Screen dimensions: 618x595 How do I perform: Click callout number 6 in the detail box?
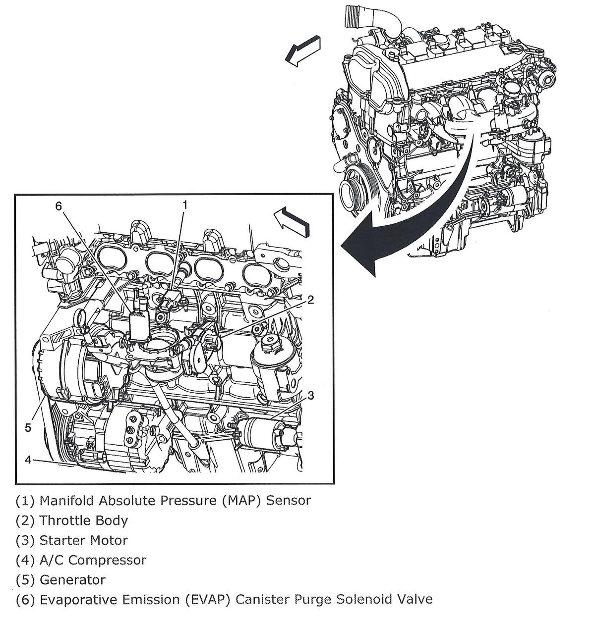(x=59, y=206)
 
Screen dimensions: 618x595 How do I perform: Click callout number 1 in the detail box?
(x=185, y=205)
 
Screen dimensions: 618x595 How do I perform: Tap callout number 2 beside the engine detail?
(x=311, y=300)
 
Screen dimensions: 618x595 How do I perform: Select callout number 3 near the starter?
(x=311, y=395)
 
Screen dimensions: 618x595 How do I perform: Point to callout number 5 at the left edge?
(x=28, y=427)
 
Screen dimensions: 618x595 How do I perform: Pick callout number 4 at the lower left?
(x=28, y=460)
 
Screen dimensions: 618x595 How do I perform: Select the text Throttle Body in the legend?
(x=83, y=520)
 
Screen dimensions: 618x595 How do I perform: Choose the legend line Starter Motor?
(x=83, y=540)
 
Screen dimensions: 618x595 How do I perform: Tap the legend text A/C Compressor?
(x=93, y=560)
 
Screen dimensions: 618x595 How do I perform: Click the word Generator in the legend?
(x=72, y=580)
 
